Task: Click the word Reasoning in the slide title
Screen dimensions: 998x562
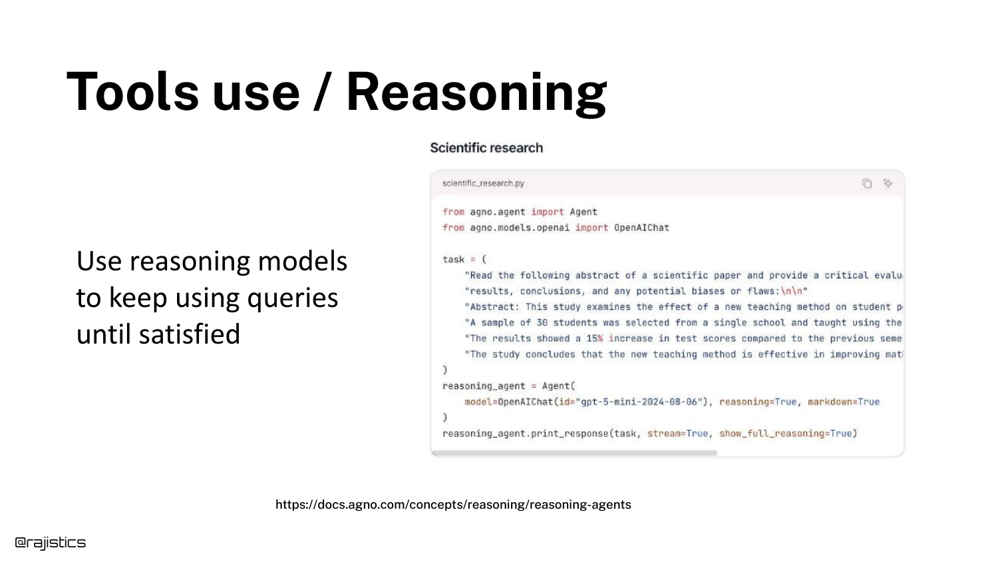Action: click(476, 93)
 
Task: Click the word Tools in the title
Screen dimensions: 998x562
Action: click(132, 91)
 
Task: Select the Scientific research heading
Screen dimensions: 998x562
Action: click(486, 148)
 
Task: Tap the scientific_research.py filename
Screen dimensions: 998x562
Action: click(483, 183)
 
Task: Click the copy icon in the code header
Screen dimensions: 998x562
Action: click(866, 183)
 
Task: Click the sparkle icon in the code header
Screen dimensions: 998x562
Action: click(888, 183)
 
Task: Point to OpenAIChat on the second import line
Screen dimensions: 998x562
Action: click(641, 228)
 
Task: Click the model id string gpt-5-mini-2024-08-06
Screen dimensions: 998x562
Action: click(639, 402)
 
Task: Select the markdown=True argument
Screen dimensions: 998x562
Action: click(844, 402)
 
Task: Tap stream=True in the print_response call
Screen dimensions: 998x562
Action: click(677, 433)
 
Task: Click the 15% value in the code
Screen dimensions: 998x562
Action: click(594, 338)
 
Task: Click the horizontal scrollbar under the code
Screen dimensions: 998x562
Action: click(574, 453)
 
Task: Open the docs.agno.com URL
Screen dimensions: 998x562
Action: click(453, 505)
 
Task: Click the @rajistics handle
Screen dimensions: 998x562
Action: click(51, 543)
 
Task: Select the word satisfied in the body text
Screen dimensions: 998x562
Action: click(190, 334)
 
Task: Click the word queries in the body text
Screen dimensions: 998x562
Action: click(292, 298)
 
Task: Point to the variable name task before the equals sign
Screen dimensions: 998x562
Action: click(453, 259)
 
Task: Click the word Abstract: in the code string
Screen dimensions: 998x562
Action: click(492, 307)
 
